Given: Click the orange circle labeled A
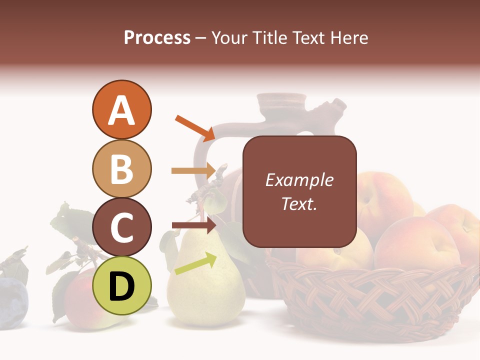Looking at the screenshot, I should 121,109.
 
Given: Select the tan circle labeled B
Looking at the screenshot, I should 121,168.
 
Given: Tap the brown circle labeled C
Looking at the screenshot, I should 121,227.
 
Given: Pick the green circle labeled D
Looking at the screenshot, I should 121,285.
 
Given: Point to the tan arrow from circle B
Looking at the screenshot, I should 193,171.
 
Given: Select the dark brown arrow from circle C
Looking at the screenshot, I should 193,225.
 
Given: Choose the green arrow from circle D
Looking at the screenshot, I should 195,263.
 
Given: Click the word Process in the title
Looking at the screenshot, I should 157,37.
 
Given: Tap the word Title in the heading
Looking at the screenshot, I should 268,37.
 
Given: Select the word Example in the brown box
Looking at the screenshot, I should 299,180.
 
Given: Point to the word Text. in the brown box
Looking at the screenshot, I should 299,203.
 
